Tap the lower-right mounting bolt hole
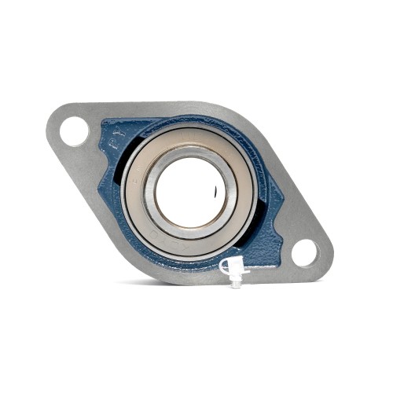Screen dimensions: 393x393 tap(304, 253)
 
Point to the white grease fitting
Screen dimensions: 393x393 tap(234, 269)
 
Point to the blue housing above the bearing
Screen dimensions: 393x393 tap(189, 123)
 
